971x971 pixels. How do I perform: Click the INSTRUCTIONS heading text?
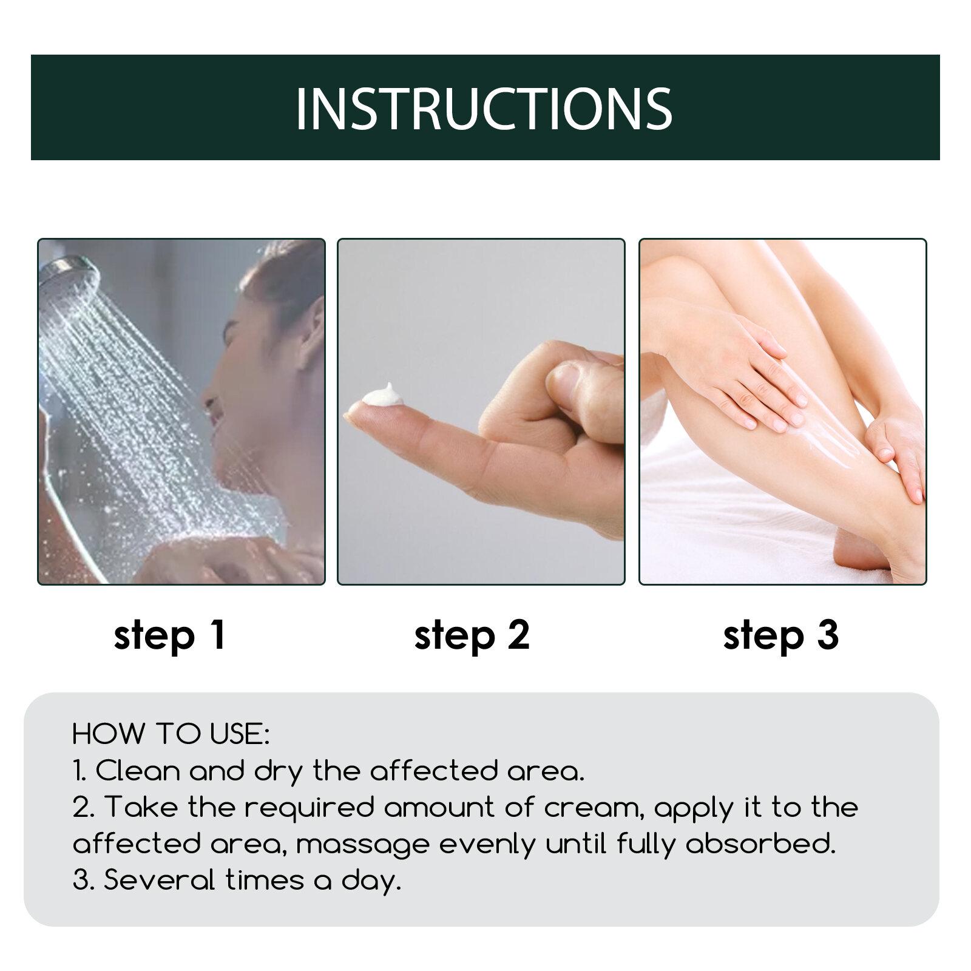[x=484, y=108]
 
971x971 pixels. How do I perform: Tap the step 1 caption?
[x=170, y=635]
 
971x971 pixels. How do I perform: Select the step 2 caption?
[x=472, y=635]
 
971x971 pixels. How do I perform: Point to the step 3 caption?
[x=781, y=635]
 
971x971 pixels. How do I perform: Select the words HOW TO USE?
[x=171, y=734]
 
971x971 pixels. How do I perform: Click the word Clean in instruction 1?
[x=138, y=771]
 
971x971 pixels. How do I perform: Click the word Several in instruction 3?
[x=160, y=880]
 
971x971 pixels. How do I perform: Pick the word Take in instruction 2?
[x=143, y=807]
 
